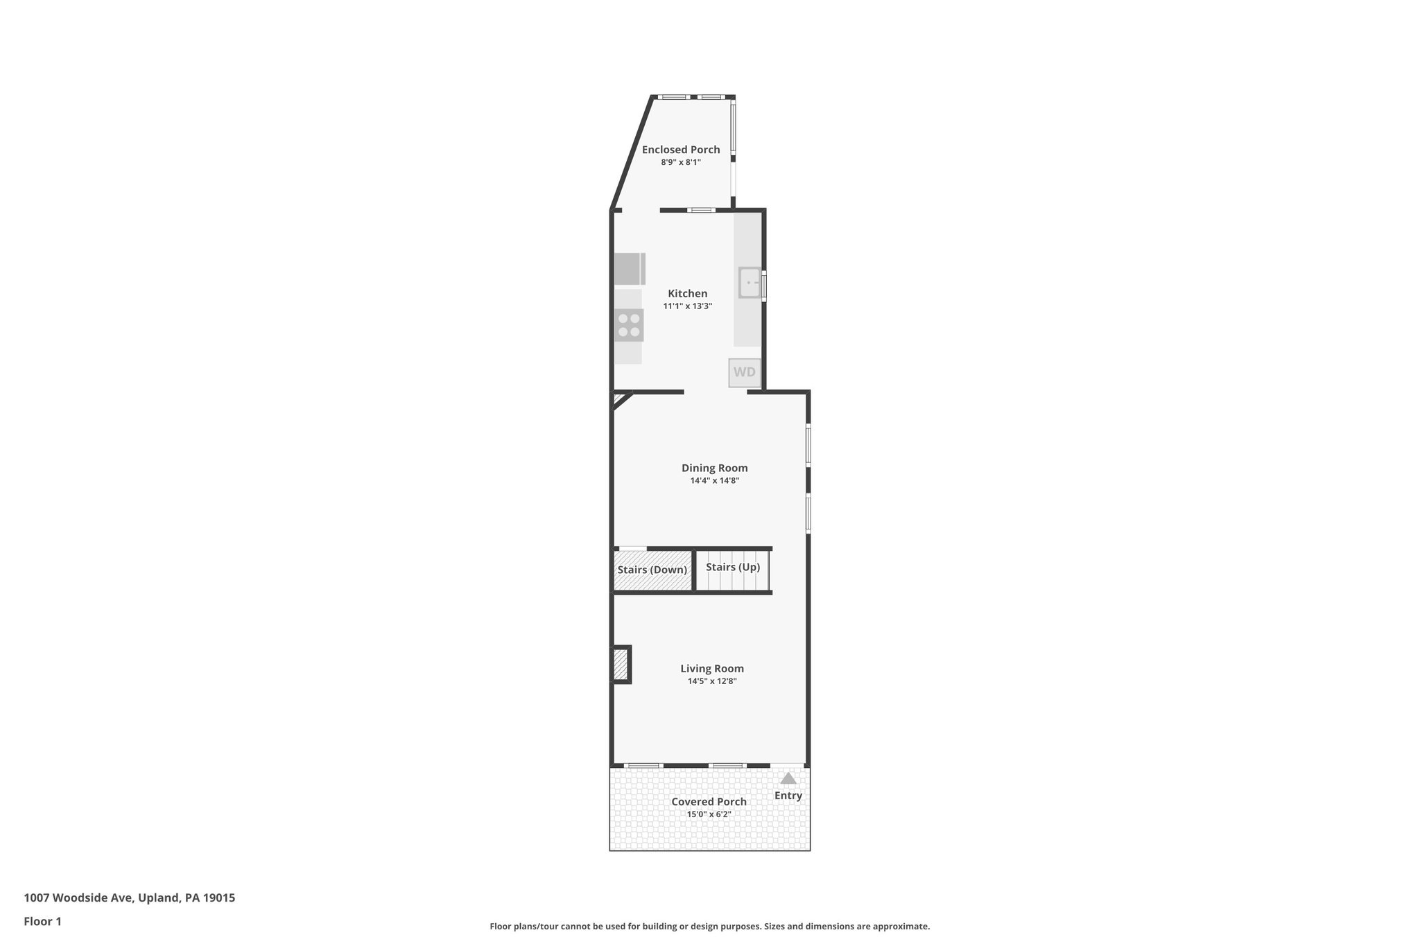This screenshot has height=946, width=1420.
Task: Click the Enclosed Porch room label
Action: point(680,150)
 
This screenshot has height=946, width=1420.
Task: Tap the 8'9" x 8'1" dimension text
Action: point(680,162)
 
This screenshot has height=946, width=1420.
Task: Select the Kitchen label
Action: point(687,294)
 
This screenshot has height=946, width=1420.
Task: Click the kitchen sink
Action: point(750,283)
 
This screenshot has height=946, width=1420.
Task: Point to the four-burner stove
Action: point(629,326)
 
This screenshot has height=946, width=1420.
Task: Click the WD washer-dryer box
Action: point(744,372)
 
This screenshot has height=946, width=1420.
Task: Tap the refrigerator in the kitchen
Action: point(628,269)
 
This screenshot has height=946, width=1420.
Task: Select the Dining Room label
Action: point(714,468)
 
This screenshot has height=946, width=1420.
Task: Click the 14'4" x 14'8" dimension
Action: point(714,480)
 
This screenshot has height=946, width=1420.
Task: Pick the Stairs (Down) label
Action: point(652,570)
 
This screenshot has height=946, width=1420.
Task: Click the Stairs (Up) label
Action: point(732,568)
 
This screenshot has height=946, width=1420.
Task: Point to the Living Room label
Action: point(711,669)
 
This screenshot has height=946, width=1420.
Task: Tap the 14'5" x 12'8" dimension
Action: point(711,681)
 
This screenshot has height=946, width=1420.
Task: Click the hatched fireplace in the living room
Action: point(621,665)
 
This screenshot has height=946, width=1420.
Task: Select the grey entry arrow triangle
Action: point(788,778)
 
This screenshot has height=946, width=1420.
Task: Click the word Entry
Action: point(788,796)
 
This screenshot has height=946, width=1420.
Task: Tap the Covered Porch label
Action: point(709,802)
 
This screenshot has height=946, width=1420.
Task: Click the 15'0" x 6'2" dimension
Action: point(709,814)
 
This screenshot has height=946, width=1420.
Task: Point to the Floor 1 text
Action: point(42,922)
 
